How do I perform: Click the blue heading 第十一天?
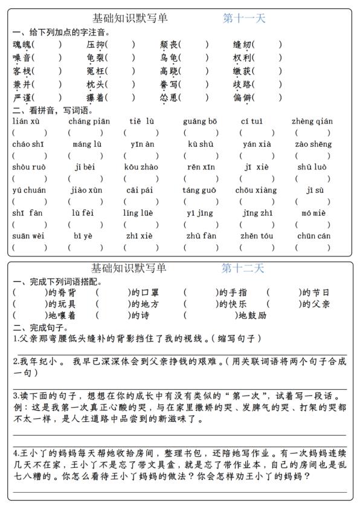coord(244,18)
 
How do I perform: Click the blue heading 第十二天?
coord(243,268)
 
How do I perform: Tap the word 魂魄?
coord(22,44)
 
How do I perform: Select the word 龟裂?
coord(96,58)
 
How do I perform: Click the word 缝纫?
coord(243,44)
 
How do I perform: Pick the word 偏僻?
coord(243,98)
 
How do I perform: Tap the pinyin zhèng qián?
coord(312,122)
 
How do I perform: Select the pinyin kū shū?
coord(201,144)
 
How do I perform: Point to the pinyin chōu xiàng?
coord(256,190)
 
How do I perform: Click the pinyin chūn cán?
coord(314,236)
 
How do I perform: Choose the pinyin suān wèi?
coord(28,236)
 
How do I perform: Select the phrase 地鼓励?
coord(253,315)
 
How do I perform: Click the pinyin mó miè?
coord(313,213)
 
